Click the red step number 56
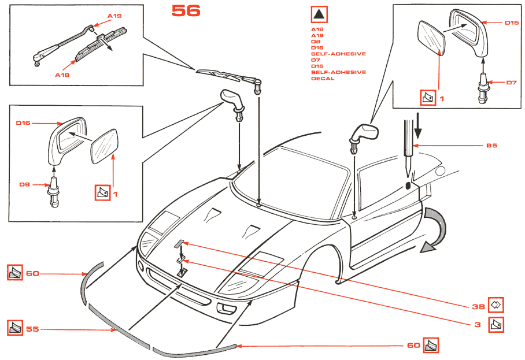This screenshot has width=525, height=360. (186, 10)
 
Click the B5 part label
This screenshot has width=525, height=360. (491, 146)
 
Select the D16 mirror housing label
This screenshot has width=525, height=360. (23, 123)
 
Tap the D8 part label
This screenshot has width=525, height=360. (24, 185)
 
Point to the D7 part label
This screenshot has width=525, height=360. (511, 83)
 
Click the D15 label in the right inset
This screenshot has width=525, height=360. (511, 23)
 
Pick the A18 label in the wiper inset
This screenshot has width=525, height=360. (62, 75)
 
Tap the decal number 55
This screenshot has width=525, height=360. (32, 329)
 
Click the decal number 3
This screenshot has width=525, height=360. (478, 325)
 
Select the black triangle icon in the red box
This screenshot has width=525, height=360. (319, 15)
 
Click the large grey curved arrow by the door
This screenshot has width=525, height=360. (437, 231)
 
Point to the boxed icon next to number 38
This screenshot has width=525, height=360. (496, 303)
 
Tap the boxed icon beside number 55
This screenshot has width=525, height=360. (15, 329)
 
